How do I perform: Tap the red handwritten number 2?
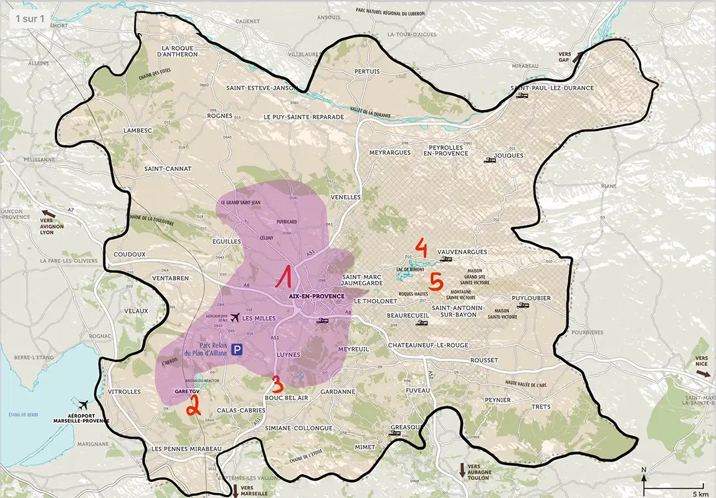pyautogui.click(x=193, y=405)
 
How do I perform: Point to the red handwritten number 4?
pyautogui.click(x=421, y=248)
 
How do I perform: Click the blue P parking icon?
pyautogui.click(x=237, y=350)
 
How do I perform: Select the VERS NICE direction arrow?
pyautogui.click(x=703, y=374)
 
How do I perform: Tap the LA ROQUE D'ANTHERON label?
pyautogui.click(x=179, y=51)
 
